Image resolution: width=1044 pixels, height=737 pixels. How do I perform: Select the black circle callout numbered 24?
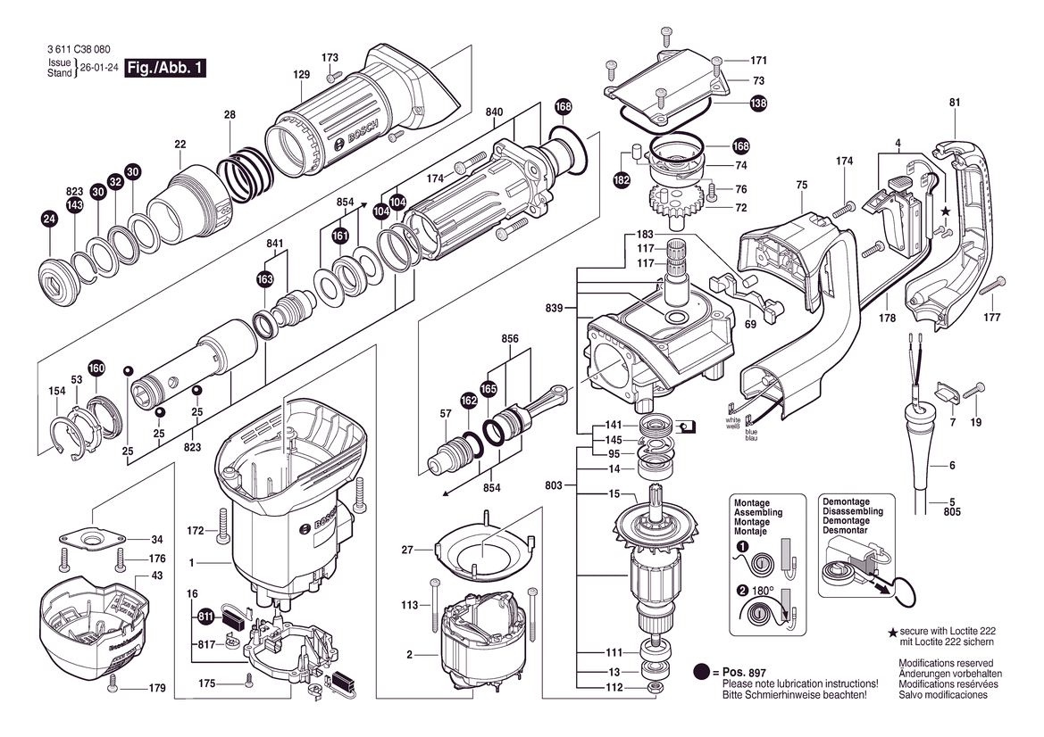[x=49, y=219]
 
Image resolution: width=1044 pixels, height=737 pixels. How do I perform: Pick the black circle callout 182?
[x=621, y=179]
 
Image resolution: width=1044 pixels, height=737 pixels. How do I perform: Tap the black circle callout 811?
[x=206, y=615]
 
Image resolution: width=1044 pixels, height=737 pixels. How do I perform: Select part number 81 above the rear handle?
[x=954, y=103]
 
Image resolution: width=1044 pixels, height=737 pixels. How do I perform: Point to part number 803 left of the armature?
[x=554, y=485]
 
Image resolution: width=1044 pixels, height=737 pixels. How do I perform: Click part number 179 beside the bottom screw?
[x=157, y=688]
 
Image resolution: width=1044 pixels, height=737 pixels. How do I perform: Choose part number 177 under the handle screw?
[x=991, y=317]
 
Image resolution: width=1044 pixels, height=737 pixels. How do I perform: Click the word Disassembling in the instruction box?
[x=852, y=512]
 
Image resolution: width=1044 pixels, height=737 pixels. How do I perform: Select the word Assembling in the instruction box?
[x=757, y=513]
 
